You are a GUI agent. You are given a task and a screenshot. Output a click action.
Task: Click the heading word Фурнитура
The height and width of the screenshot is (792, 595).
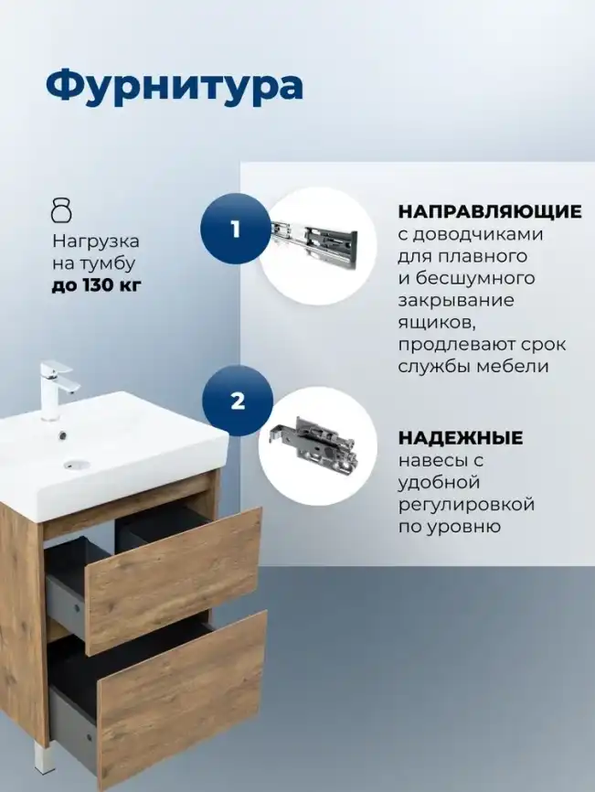(174, 86)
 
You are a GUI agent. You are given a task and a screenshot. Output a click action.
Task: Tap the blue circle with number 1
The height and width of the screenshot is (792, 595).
(236, 230)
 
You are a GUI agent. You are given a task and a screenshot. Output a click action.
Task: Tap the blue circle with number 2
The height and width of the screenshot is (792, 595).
(238, 401)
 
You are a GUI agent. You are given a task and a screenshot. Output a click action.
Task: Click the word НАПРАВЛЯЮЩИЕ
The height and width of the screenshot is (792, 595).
(489, 212)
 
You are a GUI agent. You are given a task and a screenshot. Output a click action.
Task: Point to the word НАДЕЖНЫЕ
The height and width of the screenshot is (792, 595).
(460, 438)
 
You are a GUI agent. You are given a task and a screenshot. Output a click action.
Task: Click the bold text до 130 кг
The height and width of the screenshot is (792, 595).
(97, 286)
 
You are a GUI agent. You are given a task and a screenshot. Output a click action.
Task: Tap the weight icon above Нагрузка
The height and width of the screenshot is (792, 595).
(61, 210)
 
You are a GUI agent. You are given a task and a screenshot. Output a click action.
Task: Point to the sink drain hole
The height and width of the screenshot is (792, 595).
(75, 464)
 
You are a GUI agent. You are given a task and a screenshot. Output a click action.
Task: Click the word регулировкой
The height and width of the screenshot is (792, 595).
(466, 505)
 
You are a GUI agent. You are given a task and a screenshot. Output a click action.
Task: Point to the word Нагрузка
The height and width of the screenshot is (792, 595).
(95, 242)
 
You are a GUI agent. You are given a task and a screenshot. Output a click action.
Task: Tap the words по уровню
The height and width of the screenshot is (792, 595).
(449, 527)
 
